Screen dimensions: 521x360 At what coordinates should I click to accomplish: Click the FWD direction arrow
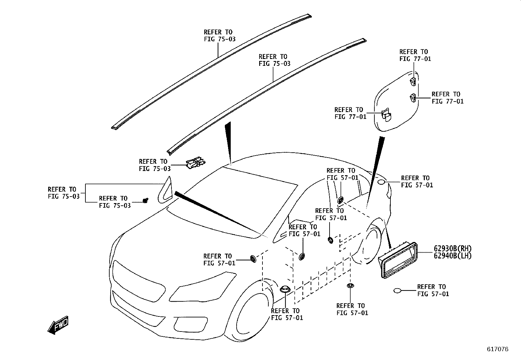58,325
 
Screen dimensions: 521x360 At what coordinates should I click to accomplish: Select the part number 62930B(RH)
453,249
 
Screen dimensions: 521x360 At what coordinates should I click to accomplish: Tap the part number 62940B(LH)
453,256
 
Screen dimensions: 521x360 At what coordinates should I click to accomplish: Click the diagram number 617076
498,349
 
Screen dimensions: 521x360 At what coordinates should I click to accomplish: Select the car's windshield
233,205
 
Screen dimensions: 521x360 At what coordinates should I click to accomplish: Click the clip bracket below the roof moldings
196,162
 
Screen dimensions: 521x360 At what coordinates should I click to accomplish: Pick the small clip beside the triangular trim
146,200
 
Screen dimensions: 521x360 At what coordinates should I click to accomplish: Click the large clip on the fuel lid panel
386,115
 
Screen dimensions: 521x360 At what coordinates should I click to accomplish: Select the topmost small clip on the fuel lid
413,82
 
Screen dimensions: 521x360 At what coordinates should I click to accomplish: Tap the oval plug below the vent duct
397,291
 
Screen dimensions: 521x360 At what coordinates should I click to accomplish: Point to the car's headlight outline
202,288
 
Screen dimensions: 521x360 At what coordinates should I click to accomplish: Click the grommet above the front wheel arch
253,258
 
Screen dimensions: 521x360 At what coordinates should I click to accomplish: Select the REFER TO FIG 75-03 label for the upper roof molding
220,35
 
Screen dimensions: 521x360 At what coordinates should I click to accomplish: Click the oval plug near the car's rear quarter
382,182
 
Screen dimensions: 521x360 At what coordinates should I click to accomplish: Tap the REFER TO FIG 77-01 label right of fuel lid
447,98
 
